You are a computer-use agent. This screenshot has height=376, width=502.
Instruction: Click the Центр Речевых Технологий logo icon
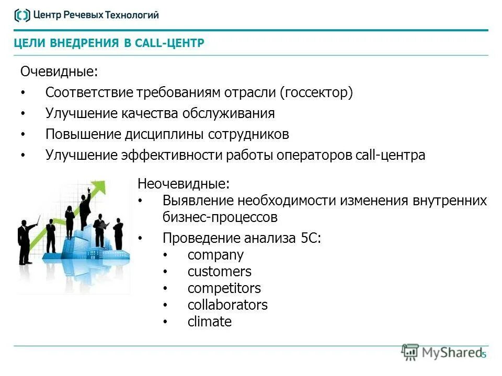pyautogui.click(x=21, y=15)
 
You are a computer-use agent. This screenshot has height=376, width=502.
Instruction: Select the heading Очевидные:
pyautogui.click(x=59, y=71)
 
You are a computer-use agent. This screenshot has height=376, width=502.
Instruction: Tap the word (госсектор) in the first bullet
pyautogui.click(x=316, y=92)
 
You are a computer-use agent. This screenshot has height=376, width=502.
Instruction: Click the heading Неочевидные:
pyautogui.click(x=183, y=184)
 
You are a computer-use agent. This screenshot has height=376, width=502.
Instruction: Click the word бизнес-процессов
pyautogui.click(x=220, y=217)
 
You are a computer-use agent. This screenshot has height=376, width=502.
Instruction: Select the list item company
pyautogui.click(x=215, y=255)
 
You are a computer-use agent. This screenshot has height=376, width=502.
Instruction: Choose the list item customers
pyautogui.click(x=219, y=272)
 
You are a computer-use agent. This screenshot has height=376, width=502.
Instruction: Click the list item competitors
pyautogui.click(x=224, y=288)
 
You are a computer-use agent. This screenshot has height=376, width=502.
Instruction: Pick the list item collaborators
pyautogui.click(x=227, y=305)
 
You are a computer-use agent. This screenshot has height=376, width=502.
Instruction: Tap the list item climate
pyautogui.click(x=209, y=322)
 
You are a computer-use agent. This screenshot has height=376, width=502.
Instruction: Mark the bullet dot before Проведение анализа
pyautogui.click(x=140, y=239)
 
